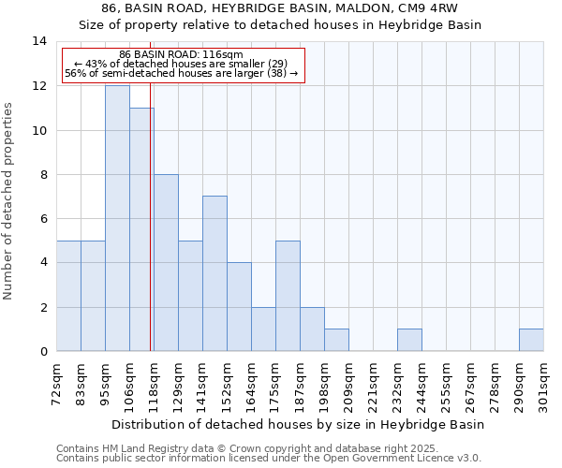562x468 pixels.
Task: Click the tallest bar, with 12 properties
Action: point(117,218)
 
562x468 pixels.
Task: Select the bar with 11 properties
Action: point(141,229)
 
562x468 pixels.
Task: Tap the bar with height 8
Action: point(166,262)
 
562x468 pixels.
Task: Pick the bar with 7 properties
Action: point(214,273)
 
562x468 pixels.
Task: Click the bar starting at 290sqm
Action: point(531,340)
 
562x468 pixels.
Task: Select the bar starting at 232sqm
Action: point(409,340)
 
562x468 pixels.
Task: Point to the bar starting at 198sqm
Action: point(336,340)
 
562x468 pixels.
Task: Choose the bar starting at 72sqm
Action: point(68,296)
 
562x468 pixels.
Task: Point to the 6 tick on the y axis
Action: point(42,219)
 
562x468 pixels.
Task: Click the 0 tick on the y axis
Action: point(42,352)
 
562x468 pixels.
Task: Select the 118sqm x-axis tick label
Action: point(155,384)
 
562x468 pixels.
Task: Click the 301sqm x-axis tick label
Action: point(544,384)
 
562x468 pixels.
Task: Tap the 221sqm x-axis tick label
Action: point(374,384)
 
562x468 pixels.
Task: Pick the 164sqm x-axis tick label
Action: point(252,384)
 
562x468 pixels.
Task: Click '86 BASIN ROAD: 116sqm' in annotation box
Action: point(182,54)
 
